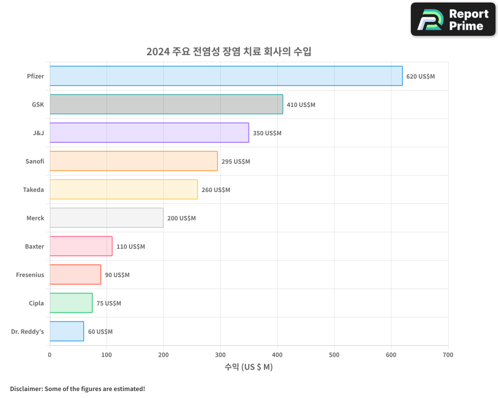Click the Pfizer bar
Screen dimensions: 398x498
226,76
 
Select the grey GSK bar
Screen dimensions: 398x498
166,104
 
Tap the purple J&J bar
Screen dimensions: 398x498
149,133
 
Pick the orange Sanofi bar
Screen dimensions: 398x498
133,161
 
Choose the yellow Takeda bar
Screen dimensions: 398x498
124,190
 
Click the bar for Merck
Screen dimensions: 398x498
107,218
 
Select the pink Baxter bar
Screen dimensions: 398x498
81,246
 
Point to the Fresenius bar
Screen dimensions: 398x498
75,275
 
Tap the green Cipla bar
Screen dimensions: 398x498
71,303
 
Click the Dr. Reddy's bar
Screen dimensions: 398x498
67,331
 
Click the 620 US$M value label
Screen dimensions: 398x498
420,77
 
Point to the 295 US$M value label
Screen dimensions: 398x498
236,162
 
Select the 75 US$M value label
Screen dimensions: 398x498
109,303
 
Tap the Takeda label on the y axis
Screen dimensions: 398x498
33,190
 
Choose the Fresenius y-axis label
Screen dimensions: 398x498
30,275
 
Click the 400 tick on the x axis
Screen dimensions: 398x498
277,355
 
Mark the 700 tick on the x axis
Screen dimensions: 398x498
448,355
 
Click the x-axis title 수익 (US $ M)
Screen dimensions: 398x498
249,367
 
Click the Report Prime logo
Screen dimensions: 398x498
453,19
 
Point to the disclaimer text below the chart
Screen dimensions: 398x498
78,389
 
